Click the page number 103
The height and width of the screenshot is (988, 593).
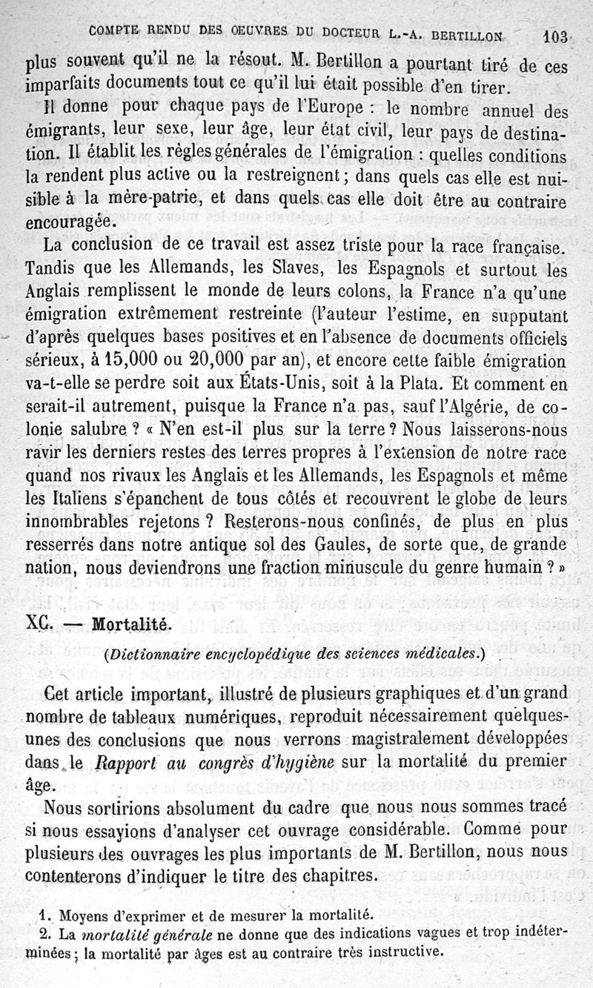554,36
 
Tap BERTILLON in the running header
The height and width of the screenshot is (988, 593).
458,34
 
